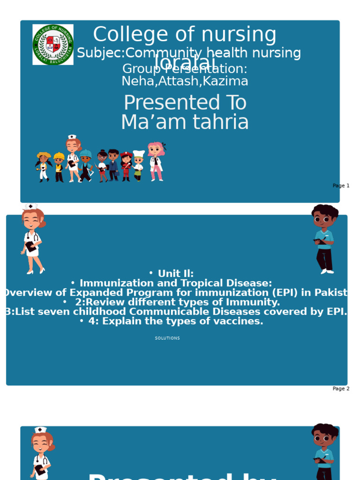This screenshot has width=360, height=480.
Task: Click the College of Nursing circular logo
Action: (53, 45)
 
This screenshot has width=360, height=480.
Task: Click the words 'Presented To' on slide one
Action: (185, 103)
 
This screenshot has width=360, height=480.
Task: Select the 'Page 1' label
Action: (341, 186)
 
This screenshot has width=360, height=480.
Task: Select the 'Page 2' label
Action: (341, 389)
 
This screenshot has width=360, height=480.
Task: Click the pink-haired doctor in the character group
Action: (156, 161)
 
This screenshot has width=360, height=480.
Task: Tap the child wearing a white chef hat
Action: (138, 165)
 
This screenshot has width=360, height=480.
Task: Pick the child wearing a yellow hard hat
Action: (59, 167)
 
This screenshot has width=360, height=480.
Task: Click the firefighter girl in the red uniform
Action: (126, 166)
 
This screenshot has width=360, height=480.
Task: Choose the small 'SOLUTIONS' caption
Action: (167, 338)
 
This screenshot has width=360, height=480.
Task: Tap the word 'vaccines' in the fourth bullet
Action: (241, 321)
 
